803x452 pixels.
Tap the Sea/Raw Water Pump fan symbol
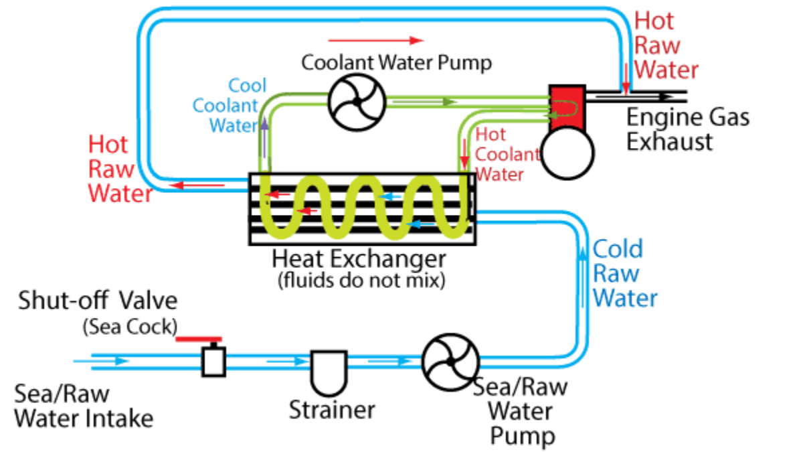coord(449,362)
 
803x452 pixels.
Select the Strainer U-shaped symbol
coord(328,375)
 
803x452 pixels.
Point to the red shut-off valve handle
coord(199,338)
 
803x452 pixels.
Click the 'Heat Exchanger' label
coord(359,258)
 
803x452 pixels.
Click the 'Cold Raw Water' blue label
coord(624,273)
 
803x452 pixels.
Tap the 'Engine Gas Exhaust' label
coord(687,129)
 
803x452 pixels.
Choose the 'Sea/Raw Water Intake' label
coord(83,406)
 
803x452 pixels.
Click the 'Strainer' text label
coord(332,410)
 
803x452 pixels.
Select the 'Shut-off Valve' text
coord(98,300)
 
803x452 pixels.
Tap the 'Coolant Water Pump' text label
coord(396,63)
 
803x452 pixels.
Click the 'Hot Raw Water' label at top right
coord(666,45)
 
